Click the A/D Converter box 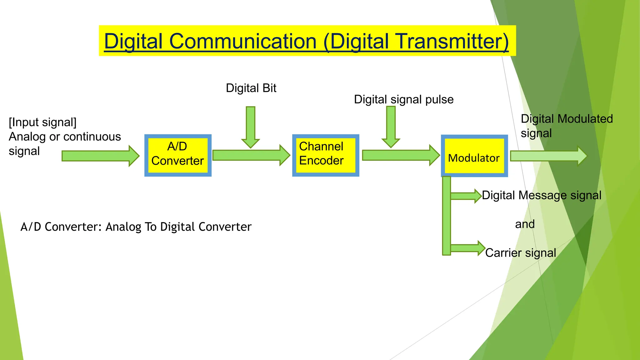coord(178,155)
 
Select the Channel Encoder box coord(326,155)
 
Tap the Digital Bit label coord(251,88)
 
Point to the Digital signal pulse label coord(403,99)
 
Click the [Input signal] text coord(43,122)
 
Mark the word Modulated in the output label coord(585,119)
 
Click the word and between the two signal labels coord(525,224)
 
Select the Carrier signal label coord(520,252)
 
